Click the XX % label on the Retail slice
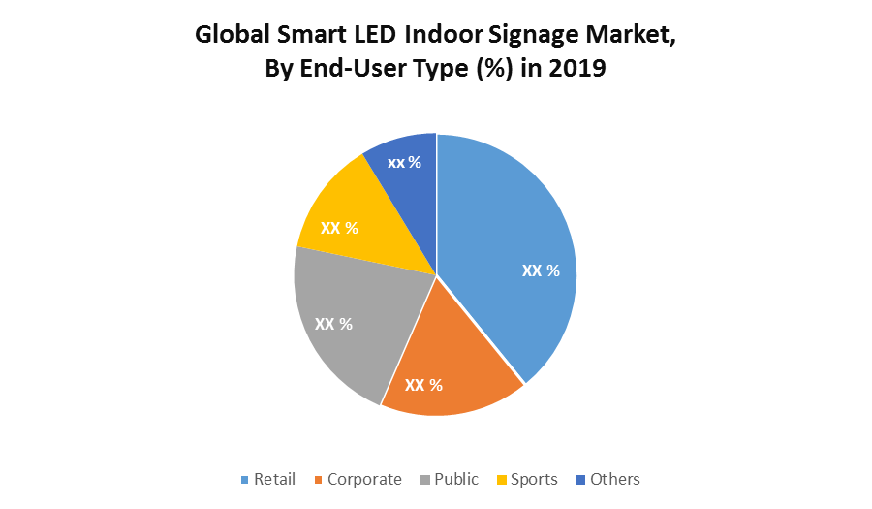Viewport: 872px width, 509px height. pos(541,270)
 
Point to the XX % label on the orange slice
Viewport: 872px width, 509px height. pos(423,385)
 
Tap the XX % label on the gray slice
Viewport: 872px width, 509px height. pos(333,323)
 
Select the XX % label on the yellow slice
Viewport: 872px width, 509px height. pos(339,228)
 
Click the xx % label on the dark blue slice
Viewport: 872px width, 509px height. pos(404,162)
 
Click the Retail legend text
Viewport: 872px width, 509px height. pos(274,479)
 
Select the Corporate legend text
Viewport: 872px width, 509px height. pos(364,479)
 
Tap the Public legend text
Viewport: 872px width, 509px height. pos(456,479)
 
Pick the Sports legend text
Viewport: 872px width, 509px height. pos(534,479)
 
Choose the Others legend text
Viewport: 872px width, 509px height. pos(614,479)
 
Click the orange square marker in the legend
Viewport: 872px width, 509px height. pos(318,480)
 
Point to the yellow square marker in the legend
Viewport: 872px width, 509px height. pos(501,480)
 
